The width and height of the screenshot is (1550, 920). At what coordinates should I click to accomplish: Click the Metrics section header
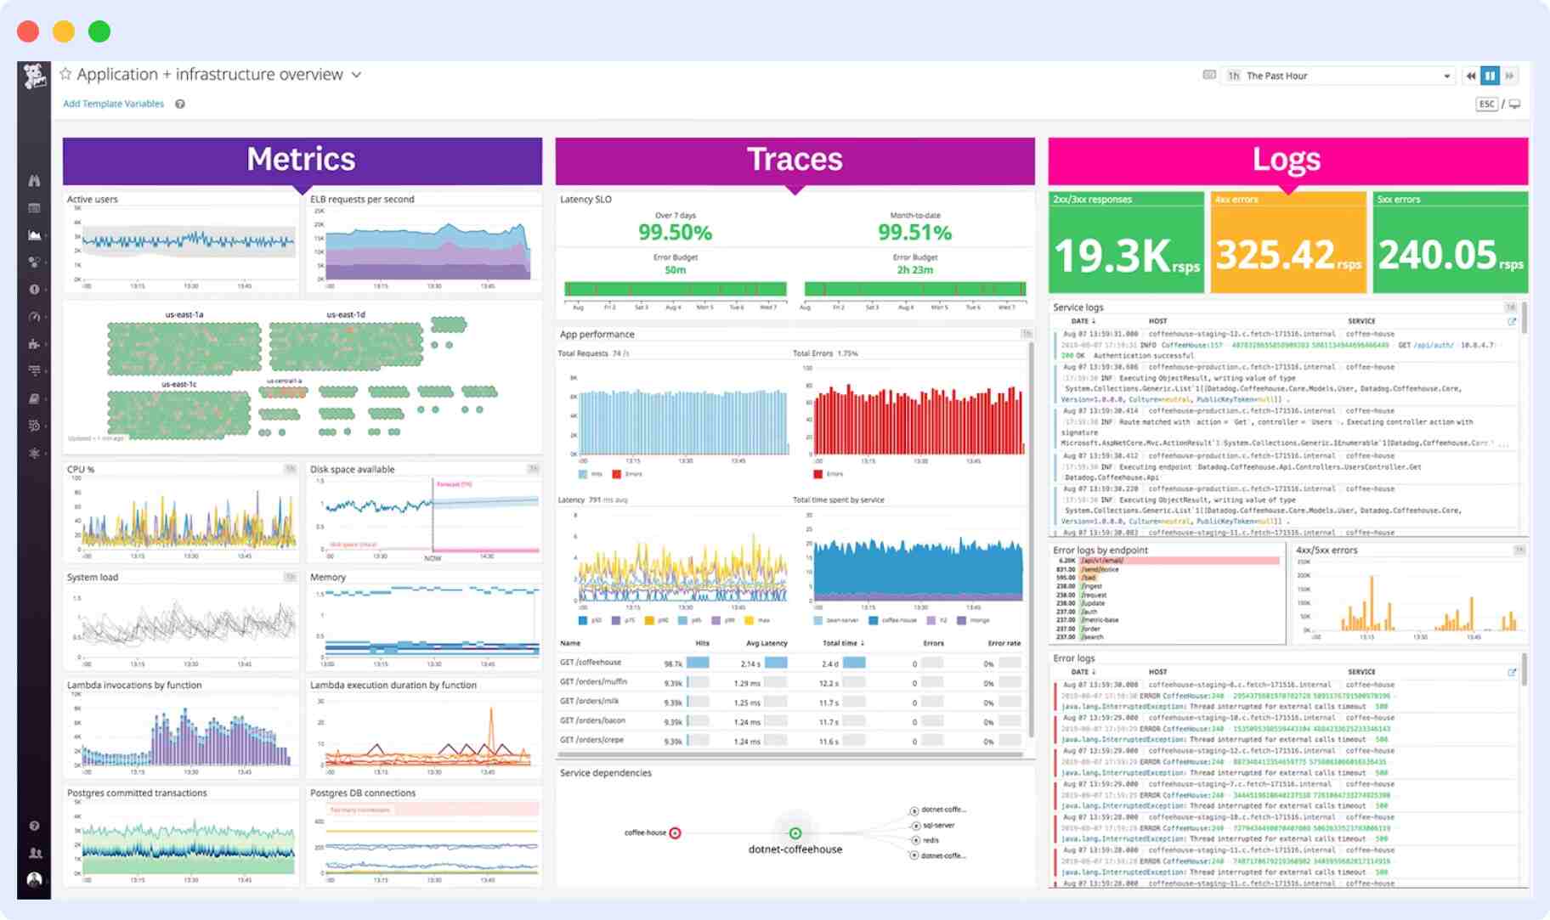[x=302, y=160]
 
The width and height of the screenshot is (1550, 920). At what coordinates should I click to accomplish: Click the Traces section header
[x=795, y=160]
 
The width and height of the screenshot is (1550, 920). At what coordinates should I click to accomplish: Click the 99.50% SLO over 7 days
[x=675, y=233]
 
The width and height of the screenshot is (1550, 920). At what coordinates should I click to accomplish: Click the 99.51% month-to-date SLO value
[x=914, y=233]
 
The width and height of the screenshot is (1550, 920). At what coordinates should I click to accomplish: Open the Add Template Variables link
[x=113, y=104]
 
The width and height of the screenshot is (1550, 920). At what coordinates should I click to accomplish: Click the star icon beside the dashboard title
[x=65, y=74]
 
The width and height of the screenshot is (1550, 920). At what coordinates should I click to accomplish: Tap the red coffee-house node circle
[x=675, y=833]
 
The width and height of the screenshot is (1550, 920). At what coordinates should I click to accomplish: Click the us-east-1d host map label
[x=346, y=314]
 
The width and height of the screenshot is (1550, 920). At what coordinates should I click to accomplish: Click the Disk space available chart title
[x=352, y=469]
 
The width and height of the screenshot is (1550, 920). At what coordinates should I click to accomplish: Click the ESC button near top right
[x=1486, y=104]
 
